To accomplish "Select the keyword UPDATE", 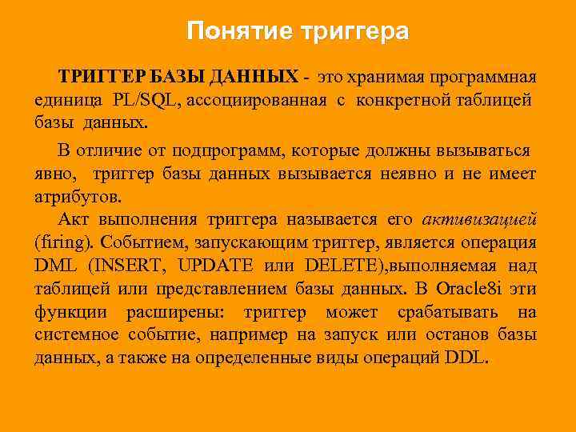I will click(215, 266).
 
